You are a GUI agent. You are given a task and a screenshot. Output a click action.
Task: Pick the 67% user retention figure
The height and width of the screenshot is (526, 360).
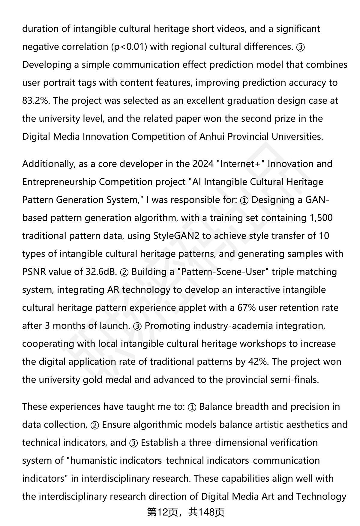pyautogui.click(x=246, y=308)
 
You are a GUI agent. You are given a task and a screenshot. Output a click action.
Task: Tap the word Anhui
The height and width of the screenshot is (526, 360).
pyautogui.click(x=212, y=137)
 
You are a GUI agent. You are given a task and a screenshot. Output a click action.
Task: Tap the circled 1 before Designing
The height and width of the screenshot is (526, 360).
pyautogui.click(x=244, y=200)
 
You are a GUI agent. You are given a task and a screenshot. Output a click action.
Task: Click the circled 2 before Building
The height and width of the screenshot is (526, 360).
pyautogui.click(x=124, y=272)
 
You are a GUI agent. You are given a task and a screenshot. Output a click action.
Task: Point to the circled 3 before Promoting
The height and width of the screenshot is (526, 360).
pyautogui.click(x=137, y=326)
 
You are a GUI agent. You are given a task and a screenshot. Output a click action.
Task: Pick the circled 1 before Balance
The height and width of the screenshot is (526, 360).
pyautogui.click(x=192, y=407)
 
